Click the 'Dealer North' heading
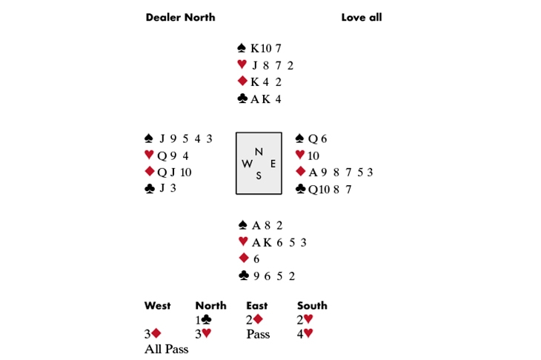(180, 17)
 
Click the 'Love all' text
(361, 17)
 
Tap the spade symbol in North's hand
(242, 47)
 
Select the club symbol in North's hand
(242, 99)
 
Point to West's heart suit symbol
(149, 155)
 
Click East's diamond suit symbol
(301, 171)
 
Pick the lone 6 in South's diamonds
(256, 259)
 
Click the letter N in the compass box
(259, 151)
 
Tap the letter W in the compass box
(247, 164)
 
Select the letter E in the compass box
(273, 164)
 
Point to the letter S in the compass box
(259, 176)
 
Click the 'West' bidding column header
(157, 305)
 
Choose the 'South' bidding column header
(312, 305)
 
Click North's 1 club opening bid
(203, 320)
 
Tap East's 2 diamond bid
(254, 320)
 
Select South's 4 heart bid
(305, 333)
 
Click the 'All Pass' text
(166, 349)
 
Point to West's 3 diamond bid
(153, 333)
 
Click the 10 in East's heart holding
(313, 156)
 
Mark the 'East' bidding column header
(256, 305)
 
